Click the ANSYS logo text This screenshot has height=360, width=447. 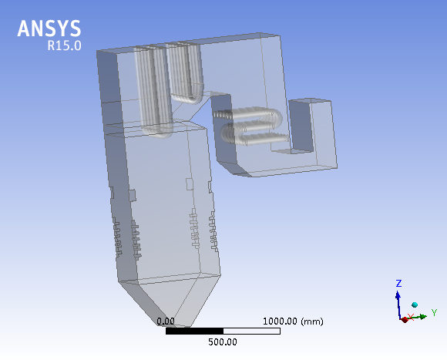click(49, 29)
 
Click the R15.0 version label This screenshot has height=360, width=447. click(64, 45)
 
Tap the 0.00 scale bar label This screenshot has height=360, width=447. click(166, 321)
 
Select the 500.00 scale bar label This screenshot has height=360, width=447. click(223, 342)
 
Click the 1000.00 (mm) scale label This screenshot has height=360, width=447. click(293, 321)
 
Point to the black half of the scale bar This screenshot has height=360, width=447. click(194, 331)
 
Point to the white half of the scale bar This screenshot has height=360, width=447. click(252, 331)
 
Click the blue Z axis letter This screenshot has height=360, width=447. click(398, 283)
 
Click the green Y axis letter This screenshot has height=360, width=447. click(434, 312)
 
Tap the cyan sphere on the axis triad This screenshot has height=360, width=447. click(415, 305)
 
